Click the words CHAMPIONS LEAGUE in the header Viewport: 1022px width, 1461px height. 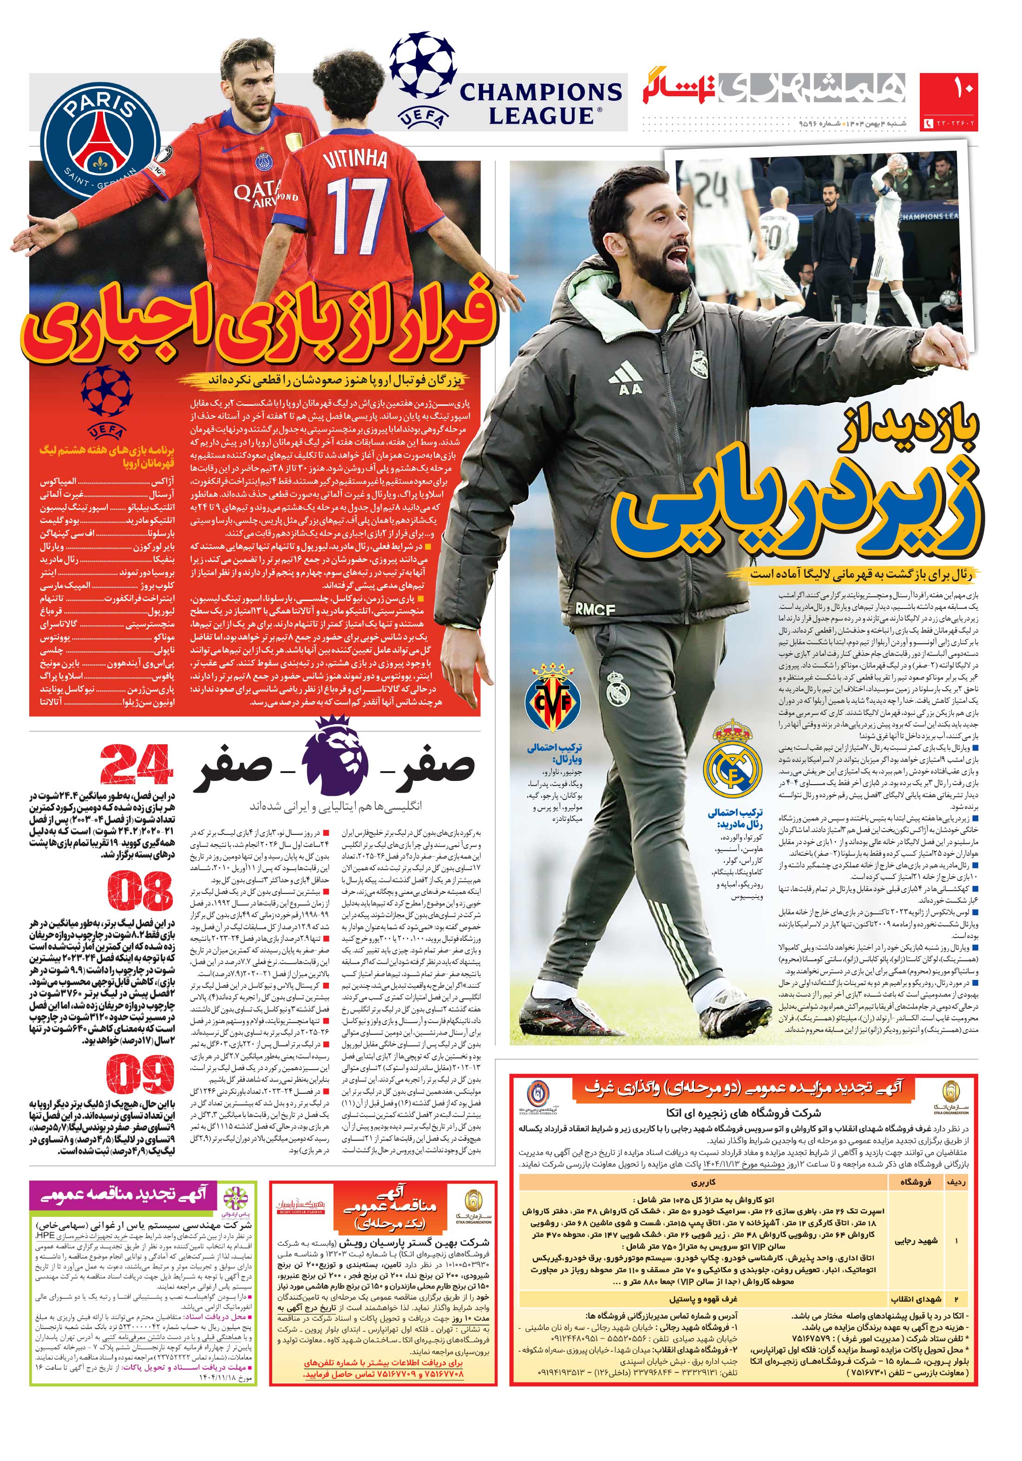click(541, 103)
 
